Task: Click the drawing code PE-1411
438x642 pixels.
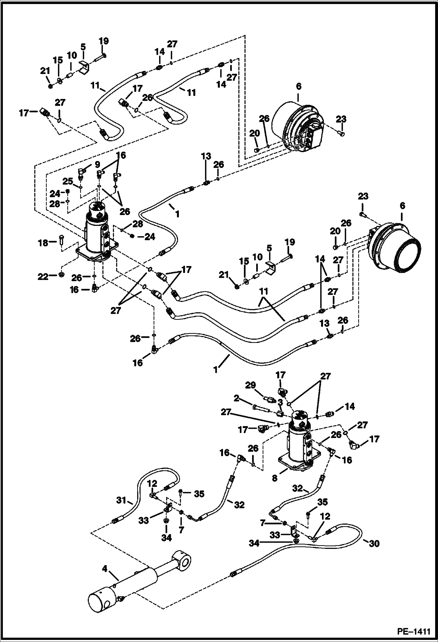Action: click(413, 631)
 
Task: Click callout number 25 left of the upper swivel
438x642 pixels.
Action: click(68, 181)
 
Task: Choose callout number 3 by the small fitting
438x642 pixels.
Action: click(280, 401)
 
